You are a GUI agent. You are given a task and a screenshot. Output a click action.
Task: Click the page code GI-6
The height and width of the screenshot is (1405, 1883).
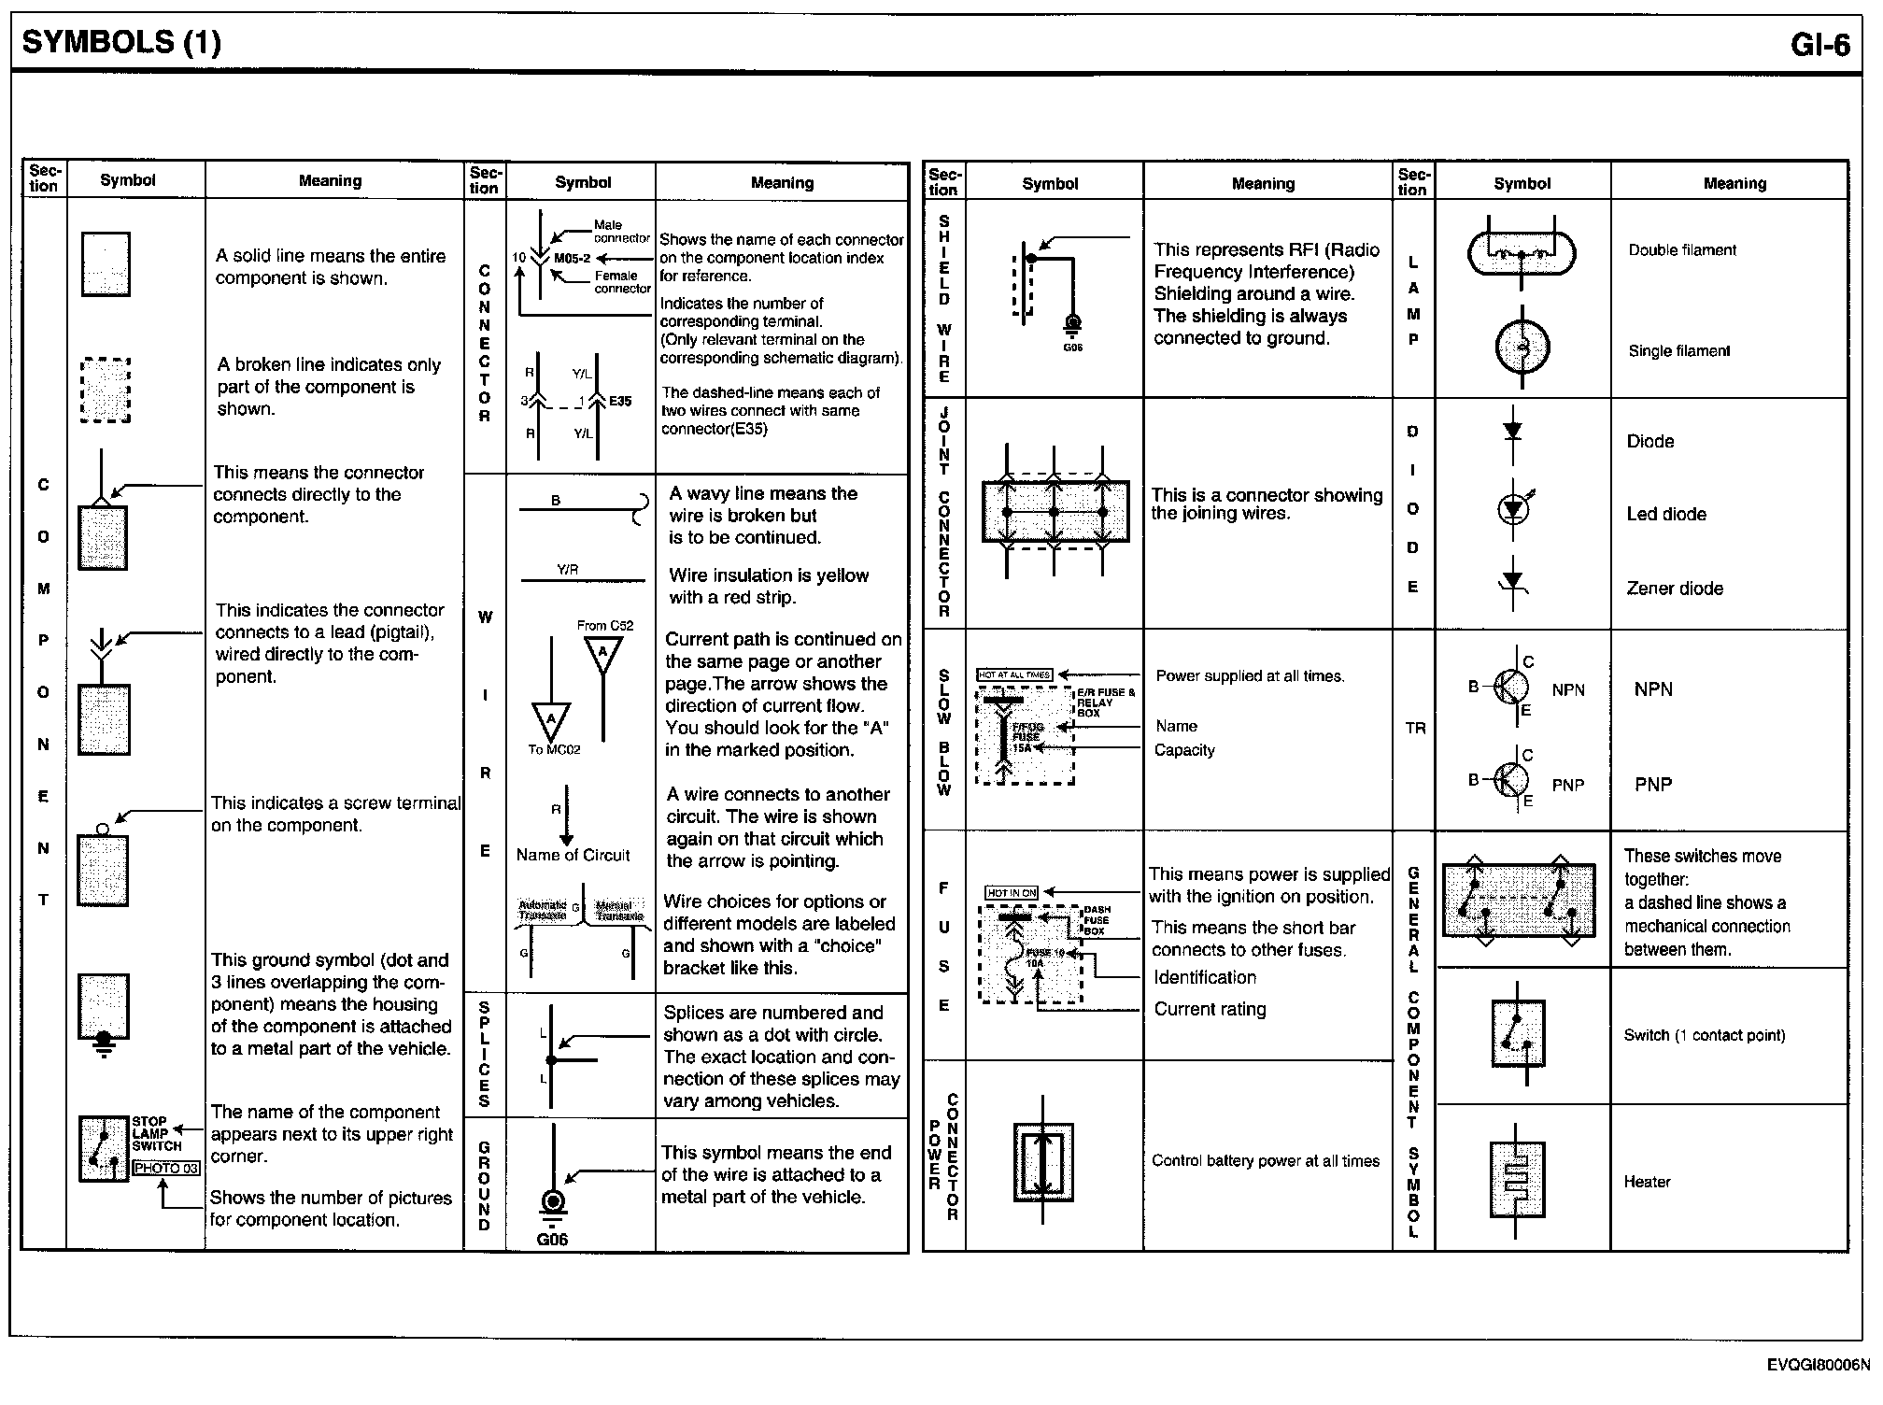(x=1819, y=45)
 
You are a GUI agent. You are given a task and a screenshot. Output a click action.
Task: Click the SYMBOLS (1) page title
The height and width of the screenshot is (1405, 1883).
(x=121, y=42)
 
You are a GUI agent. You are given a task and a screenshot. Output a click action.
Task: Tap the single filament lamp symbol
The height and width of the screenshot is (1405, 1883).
(x=1522, y=348)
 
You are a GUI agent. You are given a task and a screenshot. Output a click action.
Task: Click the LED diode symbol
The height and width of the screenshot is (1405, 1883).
(x=1513, y=509)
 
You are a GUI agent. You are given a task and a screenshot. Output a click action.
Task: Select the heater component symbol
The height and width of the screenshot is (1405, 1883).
(x=1519, y=1181)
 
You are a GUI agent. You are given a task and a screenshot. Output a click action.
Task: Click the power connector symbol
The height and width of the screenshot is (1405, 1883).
(x=1043, y=1162)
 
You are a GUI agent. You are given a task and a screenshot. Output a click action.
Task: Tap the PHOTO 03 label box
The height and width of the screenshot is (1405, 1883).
(x=166, y=1168)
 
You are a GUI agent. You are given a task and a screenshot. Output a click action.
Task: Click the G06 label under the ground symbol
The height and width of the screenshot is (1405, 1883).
(x=552, y=1240)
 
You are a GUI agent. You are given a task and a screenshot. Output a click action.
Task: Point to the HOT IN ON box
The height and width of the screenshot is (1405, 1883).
(x=1012, y=893)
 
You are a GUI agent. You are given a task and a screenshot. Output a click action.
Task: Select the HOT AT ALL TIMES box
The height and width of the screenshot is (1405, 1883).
(x=1014, y=674)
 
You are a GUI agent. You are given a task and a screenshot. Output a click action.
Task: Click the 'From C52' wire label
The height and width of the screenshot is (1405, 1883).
(x=605, y=625)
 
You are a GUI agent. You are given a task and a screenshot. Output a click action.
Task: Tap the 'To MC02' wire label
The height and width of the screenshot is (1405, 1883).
(x=554, y=749)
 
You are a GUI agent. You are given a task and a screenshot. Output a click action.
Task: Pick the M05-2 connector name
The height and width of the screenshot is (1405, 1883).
(x=572, y=258)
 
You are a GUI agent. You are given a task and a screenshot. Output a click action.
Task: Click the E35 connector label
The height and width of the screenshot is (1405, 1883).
(x=620, y=402)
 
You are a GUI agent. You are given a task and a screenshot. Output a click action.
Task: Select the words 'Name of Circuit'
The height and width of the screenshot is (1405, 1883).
(x=573, y=855)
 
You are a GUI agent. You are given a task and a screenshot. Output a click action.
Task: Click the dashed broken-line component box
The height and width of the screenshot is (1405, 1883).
(x=106, y=390)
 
